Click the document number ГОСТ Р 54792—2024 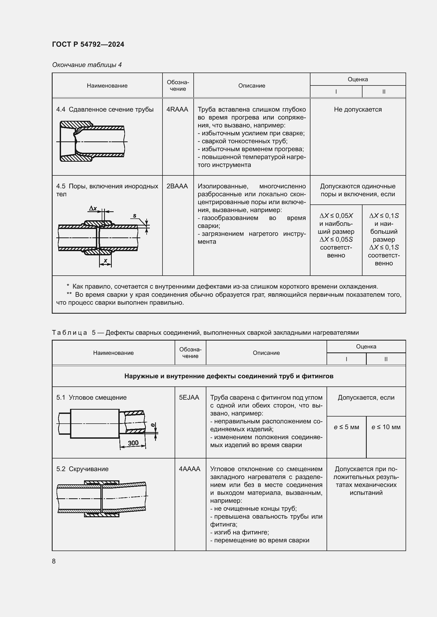[x=88, y=44]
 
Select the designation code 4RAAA [x=177, y=109]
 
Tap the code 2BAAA [x=177, y=186]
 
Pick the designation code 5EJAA [x=189, y=398]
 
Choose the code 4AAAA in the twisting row [x=189, y=469]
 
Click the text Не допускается [x=358, y=109]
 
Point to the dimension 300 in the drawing [x=133, y=443]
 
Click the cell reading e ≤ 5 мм [x=346, y=427]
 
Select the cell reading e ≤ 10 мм [x=386, y=427]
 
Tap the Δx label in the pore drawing [x=93, y=208]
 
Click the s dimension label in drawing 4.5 [x=134, y=216]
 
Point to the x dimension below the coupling [x=105, y=260]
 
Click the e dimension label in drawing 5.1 [x=153, y=425]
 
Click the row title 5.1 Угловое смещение [x=91, y=398]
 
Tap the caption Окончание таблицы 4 [x=87, y=65]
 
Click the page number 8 [x=54, y=561]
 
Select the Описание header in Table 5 [x=266, y=353]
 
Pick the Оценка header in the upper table [x=358, y=79]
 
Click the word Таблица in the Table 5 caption [x=69, y=333]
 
